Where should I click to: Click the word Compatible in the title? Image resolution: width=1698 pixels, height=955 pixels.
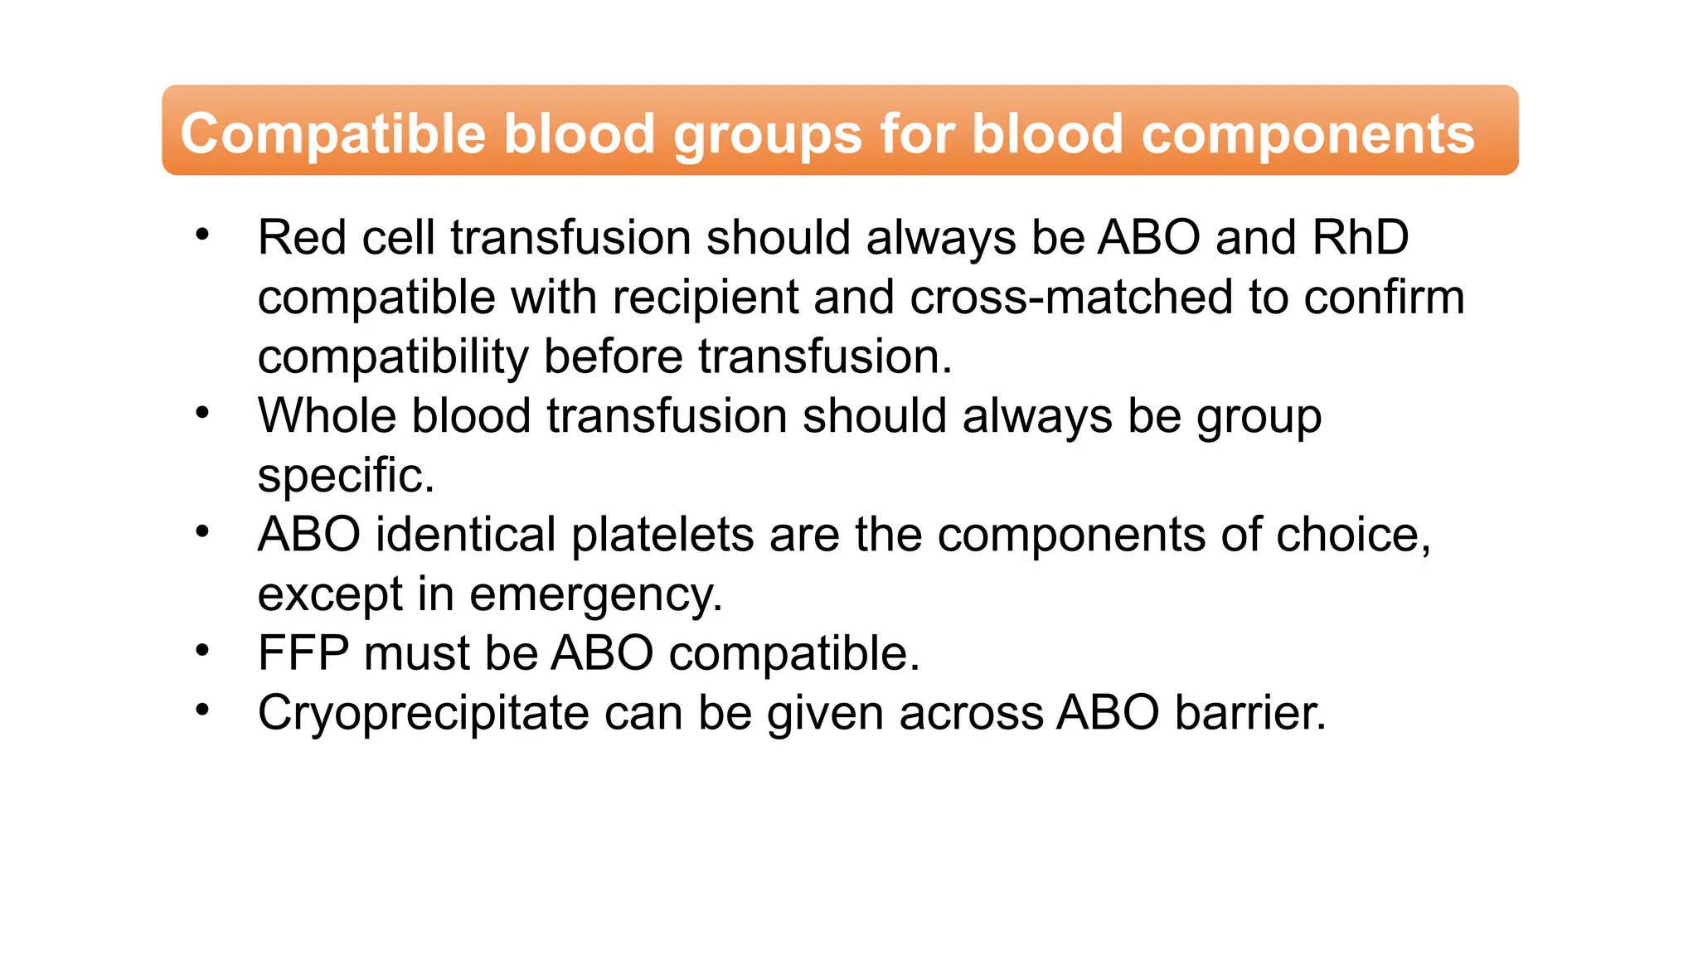332,134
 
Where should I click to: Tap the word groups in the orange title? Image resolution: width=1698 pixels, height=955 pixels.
768,134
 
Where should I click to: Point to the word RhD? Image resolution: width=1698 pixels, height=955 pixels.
1361,238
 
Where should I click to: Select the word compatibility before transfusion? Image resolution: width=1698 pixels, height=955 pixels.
392,357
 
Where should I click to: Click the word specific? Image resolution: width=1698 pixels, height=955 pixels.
346,476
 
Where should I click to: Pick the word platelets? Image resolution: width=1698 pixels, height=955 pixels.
662,535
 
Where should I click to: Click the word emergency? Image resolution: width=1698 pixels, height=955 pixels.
595,594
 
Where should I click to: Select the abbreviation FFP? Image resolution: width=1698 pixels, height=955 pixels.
303,653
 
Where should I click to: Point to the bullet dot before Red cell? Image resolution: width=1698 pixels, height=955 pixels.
202,235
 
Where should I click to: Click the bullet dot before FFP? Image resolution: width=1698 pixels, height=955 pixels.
202,651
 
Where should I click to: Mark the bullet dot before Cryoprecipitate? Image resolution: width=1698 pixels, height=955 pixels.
202,710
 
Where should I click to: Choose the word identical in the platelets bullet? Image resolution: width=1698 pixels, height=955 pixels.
465,535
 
